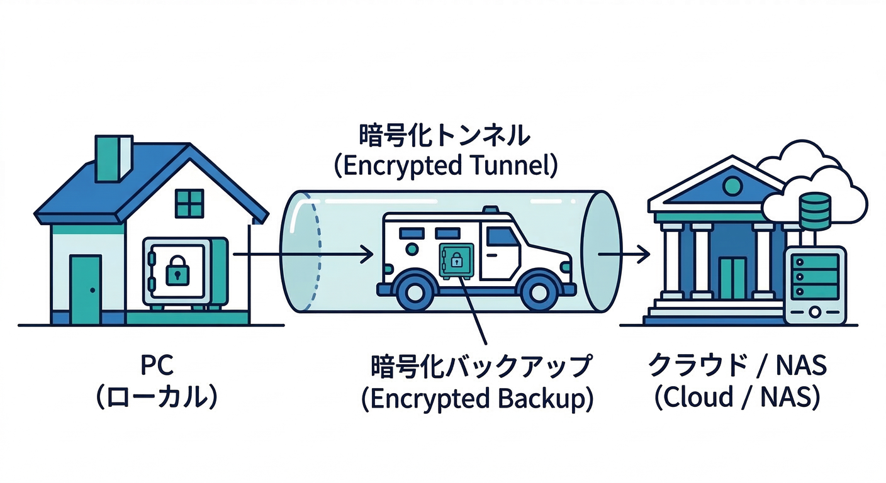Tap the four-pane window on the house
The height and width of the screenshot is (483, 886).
pos(189,203)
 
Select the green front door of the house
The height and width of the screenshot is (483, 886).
pos(86,289)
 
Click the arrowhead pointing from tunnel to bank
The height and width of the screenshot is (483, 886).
pos(643,255)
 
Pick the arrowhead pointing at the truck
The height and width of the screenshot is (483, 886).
pos(367,255)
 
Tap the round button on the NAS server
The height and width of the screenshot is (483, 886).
pos(815,311)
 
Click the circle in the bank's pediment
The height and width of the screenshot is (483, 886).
pos(732,185)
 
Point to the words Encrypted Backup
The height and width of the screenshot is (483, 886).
pos(477,399)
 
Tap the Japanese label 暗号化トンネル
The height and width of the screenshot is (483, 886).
pos(444,136)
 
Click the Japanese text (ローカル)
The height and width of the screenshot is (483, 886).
pos(157,398)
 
